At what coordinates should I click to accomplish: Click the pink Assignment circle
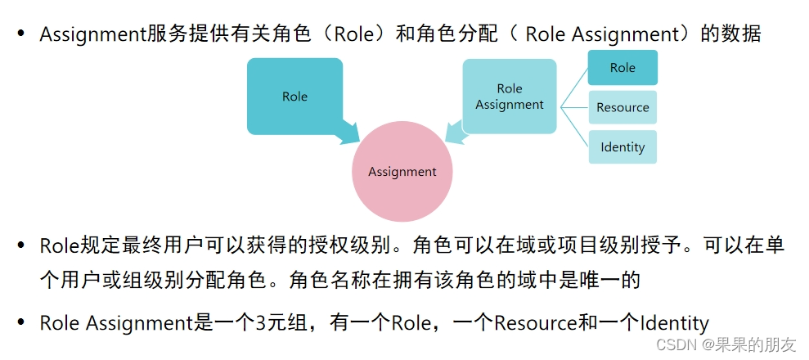click(x=402, y=172)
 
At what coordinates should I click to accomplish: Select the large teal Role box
click(x=294, y=96)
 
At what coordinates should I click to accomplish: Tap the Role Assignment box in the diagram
click(x=509, y=97)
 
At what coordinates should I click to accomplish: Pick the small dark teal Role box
click(x=622, y=68)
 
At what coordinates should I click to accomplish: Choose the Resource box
click(x=622, y=107)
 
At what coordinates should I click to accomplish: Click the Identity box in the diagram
click(x=622, y=147)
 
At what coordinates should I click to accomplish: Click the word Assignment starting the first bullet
click(x=93, y=34)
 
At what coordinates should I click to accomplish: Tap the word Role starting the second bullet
click(x=57, y=245)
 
